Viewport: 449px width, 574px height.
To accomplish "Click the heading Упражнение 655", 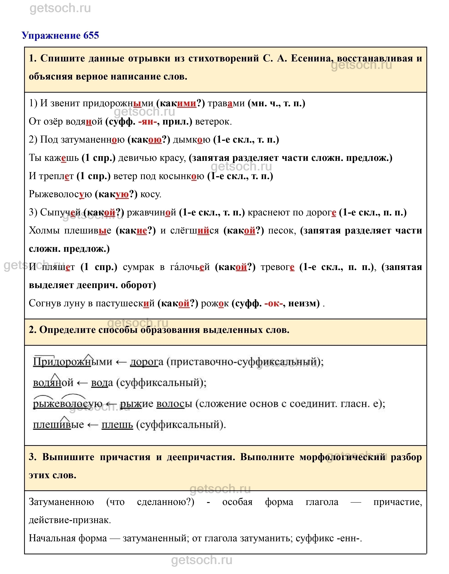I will [60, 35].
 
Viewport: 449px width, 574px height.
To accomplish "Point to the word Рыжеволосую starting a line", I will [60, 194].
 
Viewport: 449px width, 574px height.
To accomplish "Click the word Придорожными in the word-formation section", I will [72, 362].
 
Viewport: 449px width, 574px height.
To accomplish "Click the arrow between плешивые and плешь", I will [93, 425].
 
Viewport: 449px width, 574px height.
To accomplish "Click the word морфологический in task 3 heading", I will [342, 457].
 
